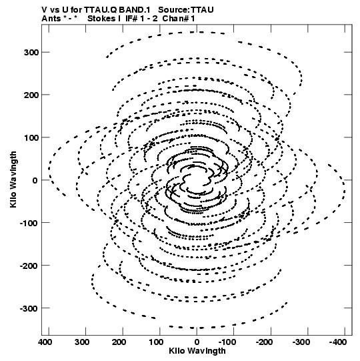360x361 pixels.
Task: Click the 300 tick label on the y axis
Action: pos(31,53)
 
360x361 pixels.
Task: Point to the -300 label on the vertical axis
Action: pos(29,308)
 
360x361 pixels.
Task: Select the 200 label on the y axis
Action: pos(31,95)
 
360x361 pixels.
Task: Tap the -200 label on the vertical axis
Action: pos(29,266)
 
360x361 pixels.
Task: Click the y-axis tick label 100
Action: pos(31,137)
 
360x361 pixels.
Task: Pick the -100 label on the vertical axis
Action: pos(29,224)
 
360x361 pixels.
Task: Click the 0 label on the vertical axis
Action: pos(35,180)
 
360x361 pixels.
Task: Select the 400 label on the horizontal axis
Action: pos(45,342)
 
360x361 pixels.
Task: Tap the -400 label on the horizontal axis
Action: pos(338,342)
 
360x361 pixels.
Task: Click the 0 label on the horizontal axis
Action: pos(197,342)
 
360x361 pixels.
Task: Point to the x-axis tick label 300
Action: pos(82,342)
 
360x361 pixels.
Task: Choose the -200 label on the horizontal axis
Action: pos(264,342)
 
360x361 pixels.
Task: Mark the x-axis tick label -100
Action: pos(227,342)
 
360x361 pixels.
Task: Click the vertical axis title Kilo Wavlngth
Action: pos(13,179)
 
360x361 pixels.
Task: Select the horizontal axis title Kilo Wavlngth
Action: pos(197,351)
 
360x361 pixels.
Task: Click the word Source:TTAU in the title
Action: pos(186,10)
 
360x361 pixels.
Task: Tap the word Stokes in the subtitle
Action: pos(102,19)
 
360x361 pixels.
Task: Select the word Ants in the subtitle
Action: pos(51,19)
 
